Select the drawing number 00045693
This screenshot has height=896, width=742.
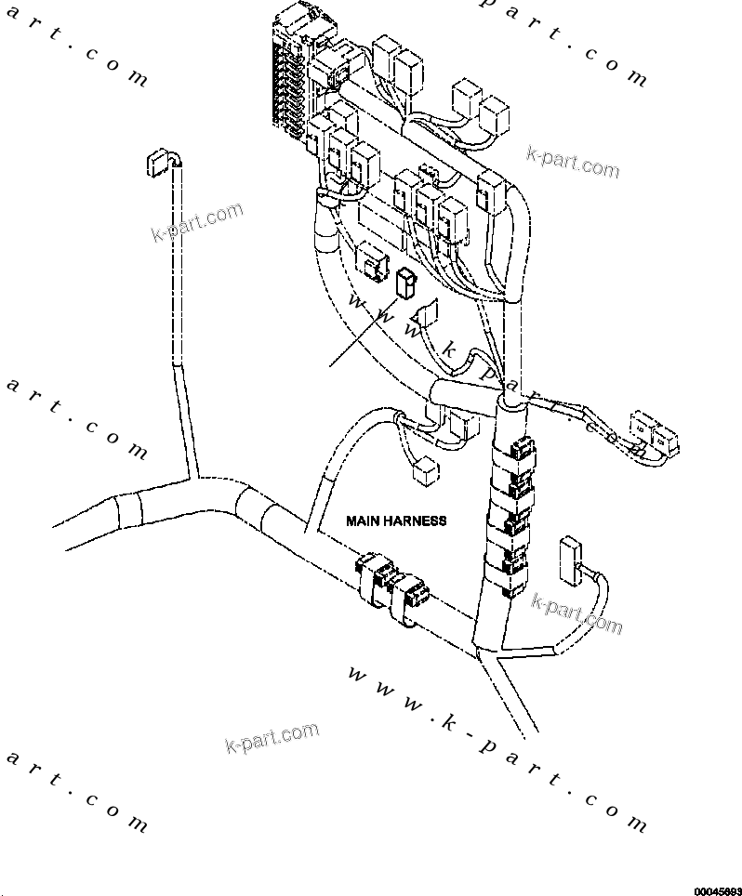click(x=716, y=889)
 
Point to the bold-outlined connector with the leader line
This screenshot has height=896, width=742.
click(x=404, y=283)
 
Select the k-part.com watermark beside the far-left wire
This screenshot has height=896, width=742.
click(x=196, y=222)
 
